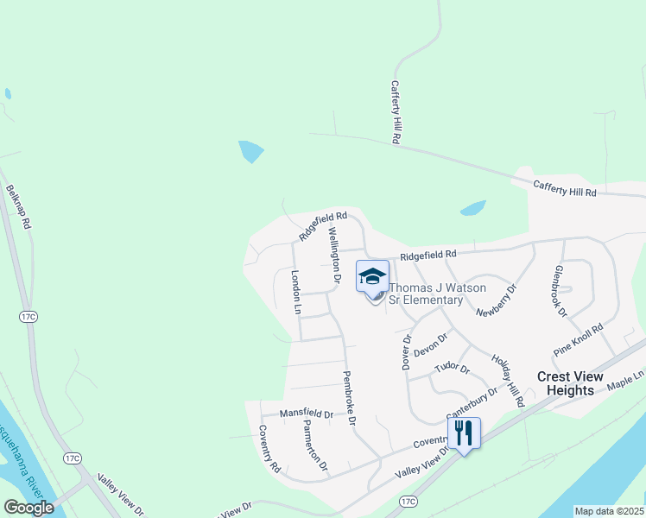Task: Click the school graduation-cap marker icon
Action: pos(372,276)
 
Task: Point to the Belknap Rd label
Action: pos(18,206)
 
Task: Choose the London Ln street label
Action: pos(295,292)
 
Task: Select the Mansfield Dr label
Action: pos(307,414)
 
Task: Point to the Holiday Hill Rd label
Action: pos(507,381)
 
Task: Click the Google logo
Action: pos(28,508)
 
